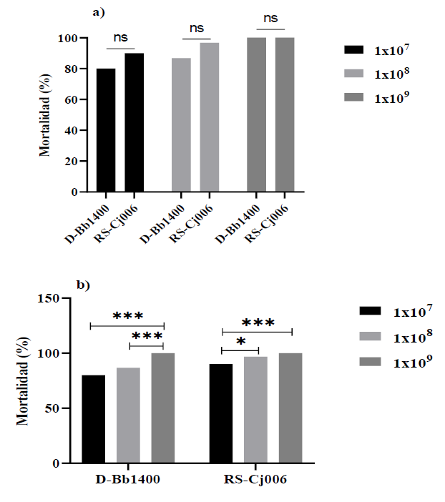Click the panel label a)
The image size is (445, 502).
99,13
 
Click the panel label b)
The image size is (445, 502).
84,284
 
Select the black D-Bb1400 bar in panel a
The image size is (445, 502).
106,130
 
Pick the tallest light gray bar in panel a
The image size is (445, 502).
209,117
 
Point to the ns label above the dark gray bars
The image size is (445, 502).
270,18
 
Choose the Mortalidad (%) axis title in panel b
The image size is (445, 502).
24,380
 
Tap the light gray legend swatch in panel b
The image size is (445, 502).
371,336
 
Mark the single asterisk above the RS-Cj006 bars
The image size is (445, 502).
240,343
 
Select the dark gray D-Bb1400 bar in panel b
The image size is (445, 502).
163,408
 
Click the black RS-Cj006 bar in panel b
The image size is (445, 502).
221,413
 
